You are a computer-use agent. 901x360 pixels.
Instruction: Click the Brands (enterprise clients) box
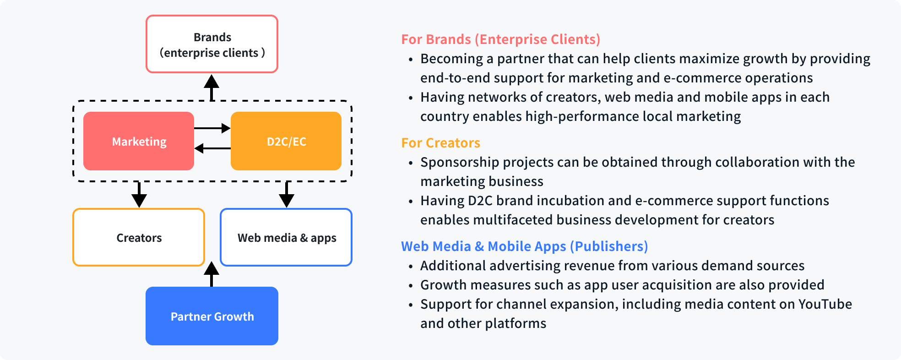point(212,44)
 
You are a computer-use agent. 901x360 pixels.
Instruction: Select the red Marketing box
point(139,141)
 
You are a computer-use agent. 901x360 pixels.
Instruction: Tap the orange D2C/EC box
point(286,141)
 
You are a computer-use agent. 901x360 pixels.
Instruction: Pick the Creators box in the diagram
point(139,237)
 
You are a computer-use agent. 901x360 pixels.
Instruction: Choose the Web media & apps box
point(286,237)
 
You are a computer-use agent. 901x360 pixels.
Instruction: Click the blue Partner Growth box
point(212,316)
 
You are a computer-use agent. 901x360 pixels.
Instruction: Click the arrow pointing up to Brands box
point(212,87)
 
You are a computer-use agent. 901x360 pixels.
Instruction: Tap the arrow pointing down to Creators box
point(139,195)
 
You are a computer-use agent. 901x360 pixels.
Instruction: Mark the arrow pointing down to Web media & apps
point(287,195)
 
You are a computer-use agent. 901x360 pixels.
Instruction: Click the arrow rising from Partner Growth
point(212,274)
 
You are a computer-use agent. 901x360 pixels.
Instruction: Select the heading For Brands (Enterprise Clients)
point(500,39)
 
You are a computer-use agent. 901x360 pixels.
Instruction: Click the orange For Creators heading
point(440,143)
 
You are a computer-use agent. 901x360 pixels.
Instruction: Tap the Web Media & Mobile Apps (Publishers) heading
point(524,246)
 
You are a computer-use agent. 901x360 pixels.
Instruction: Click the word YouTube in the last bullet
point(825,304)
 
